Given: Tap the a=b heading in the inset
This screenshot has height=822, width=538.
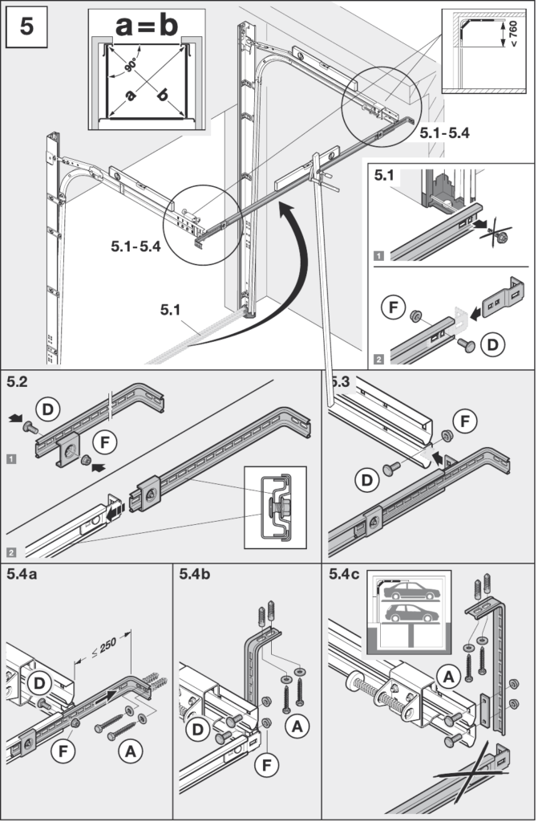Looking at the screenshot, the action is (x=147, y=25).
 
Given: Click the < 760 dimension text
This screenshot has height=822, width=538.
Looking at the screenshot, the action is (x=513, y=34).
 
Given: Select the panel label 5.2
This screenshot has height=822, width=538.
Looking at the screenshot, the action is (x=18, y=381).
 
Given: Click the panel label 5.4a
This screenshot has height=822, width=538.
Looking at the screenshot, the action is (x=22, y=574).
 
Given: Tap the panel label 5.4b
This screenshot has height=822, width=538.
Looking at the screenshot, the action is (x=194, y=574).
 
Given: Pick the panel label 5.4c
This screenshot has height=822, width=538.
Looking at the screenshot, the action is (x=344, y=574).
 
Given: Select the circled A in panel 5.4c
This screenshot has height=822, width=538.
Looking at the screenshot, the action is (x=449, y=678).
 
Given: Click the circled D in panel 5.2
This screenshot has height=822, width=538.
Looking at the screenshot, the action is (x=47, y=409).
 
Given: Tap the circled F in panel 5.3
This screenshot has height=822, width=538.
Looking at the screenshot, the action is (x=465, y=421).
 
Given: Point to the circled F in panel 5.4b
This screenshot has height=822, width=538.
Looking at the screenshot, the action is (x=267, y=766).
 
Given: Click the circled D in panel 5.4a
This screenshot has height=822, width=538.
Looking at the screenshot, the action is (x=39, y=683).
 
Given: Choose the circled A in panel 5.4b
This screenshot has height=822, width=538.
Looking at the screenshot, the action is (x=297, y=727).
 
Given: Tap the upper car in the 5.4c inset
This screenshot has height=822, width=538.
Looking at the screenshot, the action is (x=411, y=591).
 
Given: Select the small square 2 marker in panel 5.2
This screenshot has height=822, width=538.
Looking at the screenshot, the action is (x=11, y=552).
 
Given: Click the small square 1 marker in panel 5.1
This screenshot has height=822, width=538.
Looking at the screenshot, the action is (x=378, y=256).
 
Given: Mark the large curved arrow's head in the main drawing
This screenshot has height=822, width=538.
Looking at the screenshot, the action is (x=285, y=212).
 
